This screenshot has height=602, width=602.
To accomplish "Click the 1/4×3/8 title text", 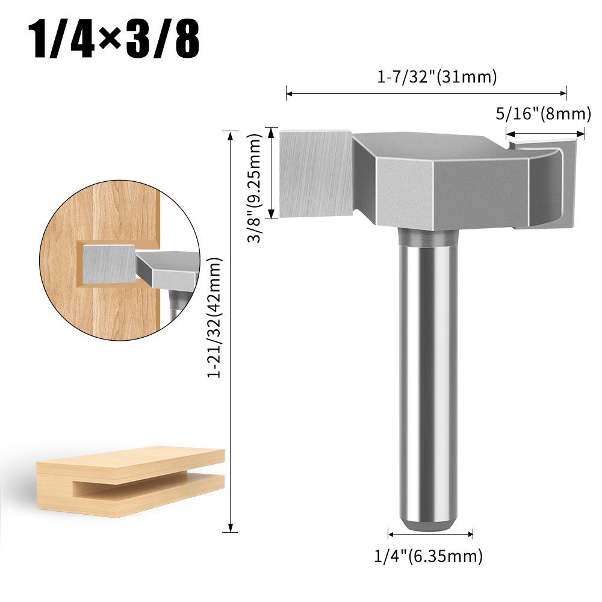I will (x=114, y=39).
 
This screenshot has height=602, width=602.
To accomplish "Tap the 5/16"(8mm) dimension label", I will (x=541, y=113).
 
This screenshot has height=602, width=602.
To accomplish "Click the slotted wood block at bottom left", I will (x=129, y=482).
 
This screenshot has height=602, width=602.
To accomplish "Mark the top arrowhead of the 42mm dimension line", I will (x=229, y=132).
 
